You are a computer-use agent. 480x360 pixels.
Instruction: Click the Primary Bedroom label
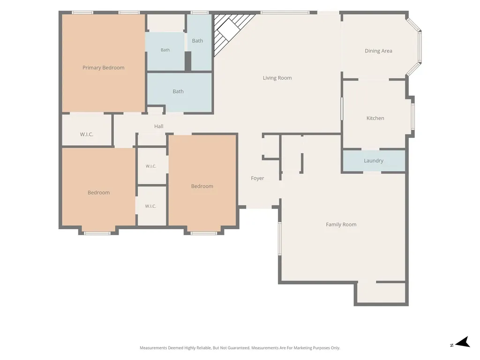(104, 67)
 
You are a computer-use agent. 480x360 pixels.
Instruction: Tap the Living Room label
(277, 78)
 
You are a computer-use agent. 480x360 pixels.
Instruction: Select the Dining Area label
(378, 51)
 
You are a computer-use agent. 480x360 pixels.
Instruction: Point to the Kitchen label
(375, 118)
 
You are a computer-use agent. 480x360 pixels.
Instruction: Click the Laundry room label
(374, 161)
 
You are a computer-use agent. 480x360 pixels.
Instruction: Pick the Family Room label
(341, 225)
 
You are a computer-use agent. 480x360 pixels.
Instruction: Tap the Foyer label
(257, 178)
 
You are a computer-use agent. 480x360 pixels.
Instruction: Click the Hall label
(158, 126)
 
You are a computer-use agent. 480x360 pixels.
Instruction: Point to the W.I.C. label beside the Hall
(87, 135)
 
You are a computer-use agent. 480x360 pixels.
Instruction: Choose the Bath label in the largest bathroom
(178, 91)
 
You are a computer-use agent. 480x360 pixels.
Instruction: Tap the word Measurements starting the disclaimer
(153, 348)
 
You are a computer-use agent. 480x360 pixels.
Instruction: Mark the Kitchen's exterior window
(412, 117)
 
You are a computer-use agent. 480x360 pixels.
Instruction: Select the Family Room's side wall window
(279, 239)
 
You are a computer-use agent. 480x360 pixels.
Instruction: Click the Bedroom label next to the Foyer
(202, 186)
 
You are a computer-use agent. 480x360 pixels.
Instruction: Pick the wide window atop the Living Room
(285, 13)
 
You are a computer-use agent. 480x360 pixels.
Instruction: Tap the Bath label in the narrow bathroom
(197, 41)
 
